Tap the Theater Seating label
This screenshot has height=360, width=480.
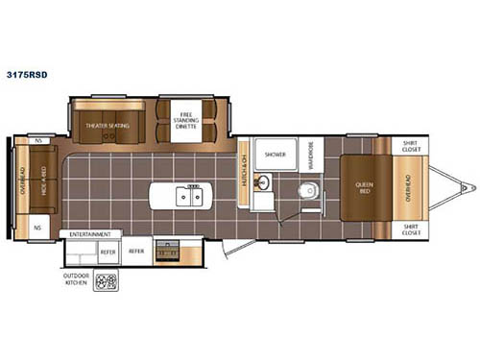point(107,124)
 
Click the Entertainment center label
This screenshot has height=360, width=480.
point(90,233)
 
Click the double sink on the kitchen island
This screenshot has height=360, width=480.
point(192,196)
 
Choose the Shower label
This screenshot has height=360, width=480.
point(276,154)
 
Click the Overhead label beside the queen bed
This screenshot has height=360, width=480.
point(410,186)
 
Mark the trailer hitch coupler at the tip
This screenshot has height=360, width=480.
point(467,186)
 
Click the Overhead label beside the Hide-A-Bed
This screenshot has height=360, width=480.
point(16,181)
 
